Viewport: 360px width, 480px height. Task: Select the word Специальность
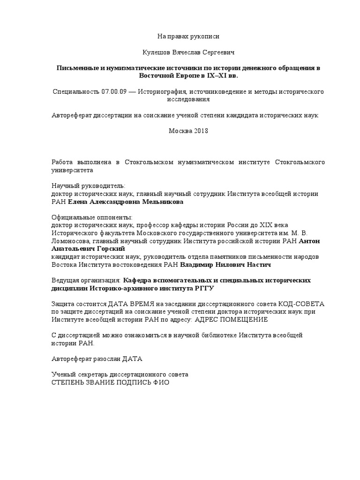[x=75, y=91]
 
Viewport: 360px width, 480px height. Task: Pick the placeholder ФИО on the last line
[x=160, y=382]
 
